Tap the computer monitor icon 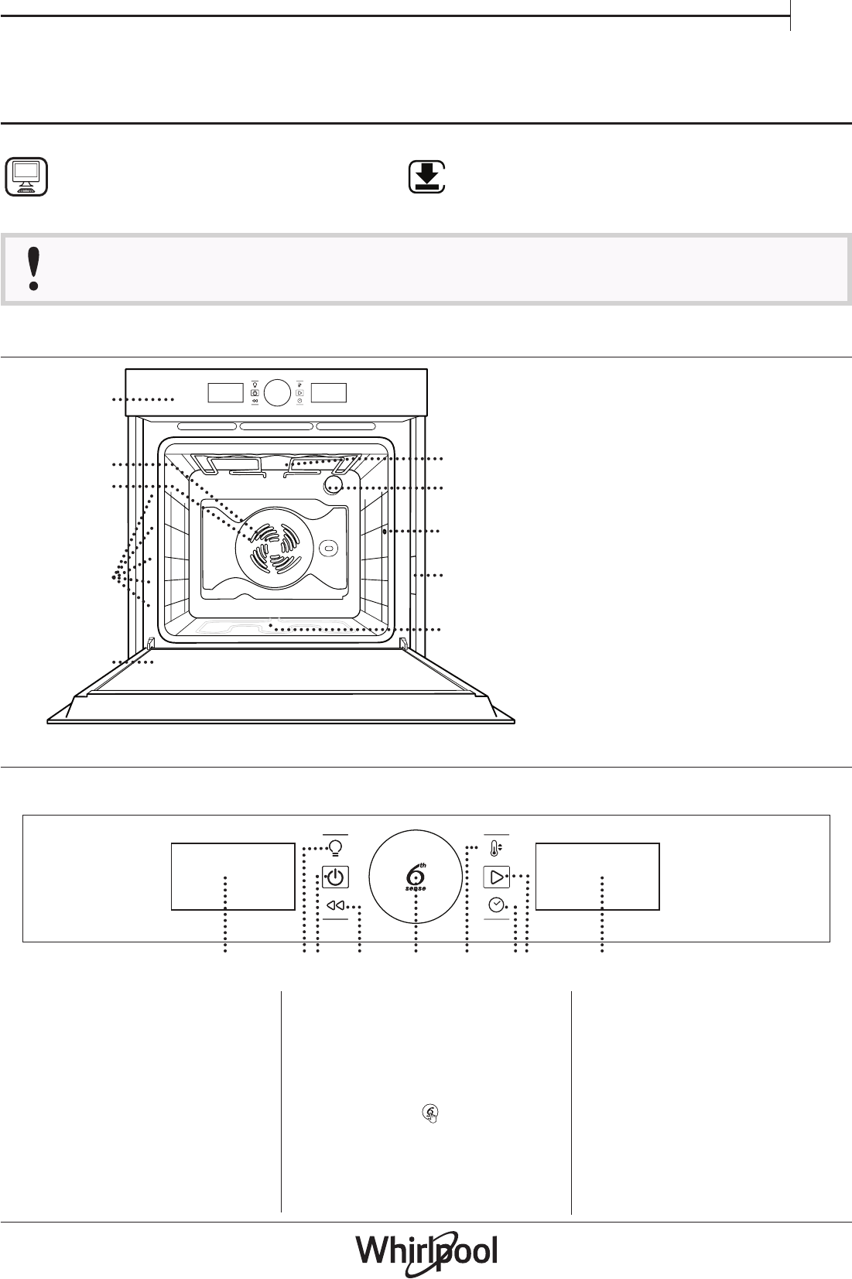pos(26,177)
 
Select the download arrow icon pos(426,177)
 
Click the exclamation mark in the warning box pos(34,269)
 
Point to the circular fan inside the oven pos(274,548)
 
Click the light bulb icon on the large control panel pos(336,848)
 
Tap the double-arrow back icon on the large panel pos(335,905)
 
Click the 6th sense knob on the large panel pos(416,877)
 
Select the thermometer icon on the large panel pos(496,848)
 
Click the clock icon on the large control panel pos(496,905)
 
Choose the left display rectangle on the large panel pos(233,877)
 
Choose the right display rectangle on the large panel pos(597,877)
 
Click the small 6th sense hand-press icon pos(430,1113)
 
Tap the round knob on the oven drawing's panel pos(278,392)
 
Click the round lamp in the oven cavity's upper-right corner pos(334,485)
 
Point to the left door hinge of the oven pos(151,644)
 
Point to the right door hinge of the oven pos(403,644)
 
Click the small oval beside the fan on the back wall pos(328,548)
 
